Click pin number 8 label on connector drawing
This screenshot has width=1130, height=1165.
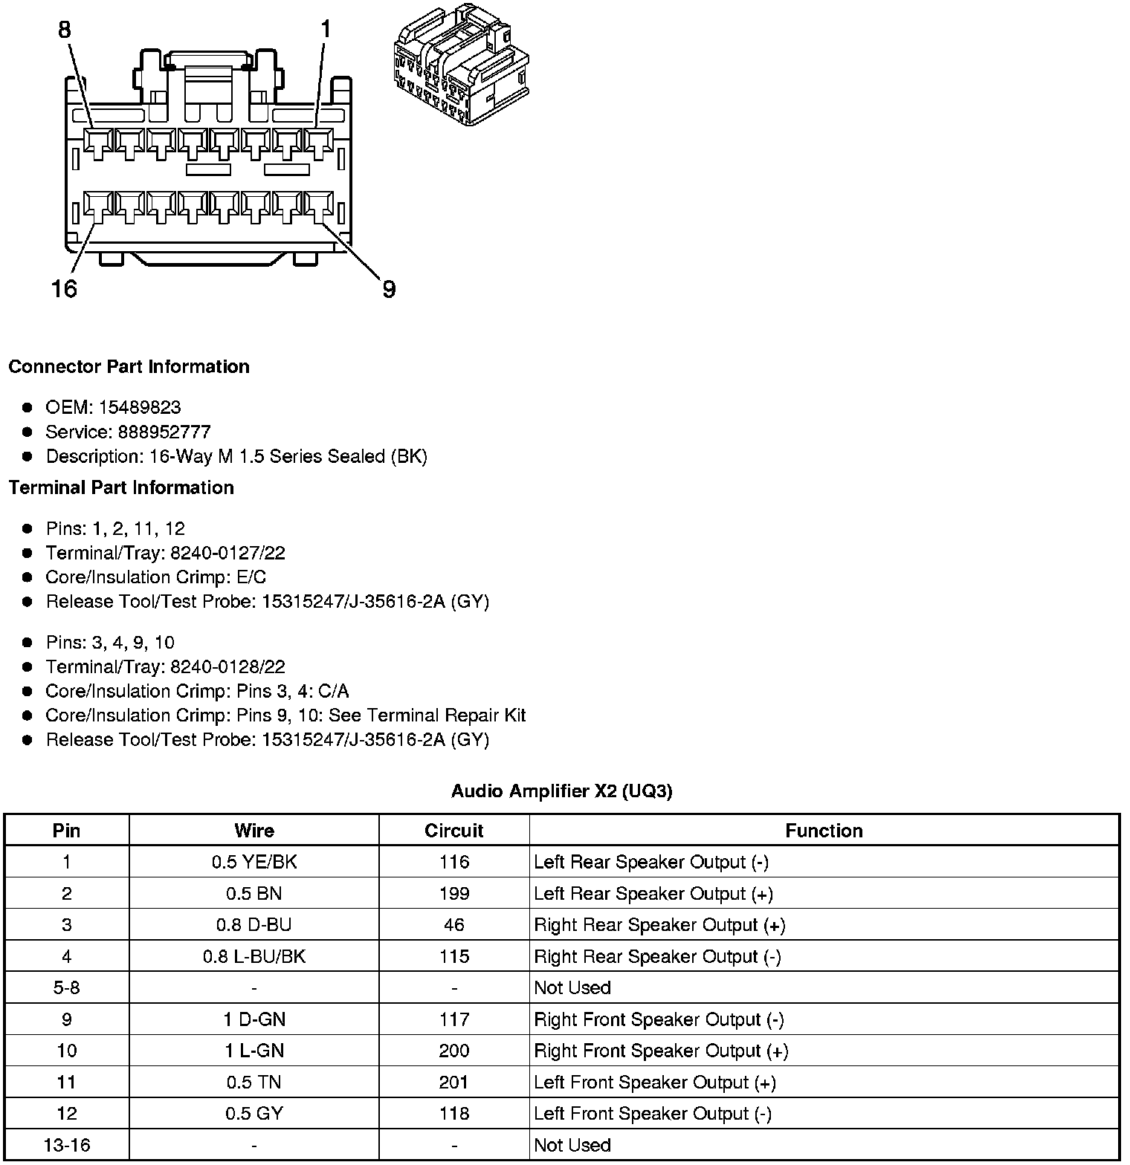pyautogui.click(x=65, y=30)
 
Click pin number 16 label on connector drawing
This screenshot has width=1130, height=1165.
pyautogui.click(x=64, y=288)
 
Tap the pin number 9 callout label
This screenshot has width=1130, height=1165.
pyautogui.click(x=389, y=289)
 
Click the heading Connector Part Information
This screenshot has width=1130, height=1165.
pyautogui.click(x=129, y=367)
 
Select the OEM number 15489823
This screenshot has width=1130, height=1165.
pyautogui.click(x=140, y=407)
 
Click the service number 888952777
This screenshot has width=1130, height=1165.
pyautogui.click(x=164, y=432)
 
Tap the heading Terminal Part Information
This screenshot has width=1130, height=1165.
pyautogui.click(x=121, y=488)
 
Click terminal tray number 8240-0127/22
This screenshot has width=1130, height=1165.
pyautogui.click(x=227, y=553)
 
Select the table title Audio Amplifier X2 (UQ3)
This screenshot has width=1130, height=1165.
pyautogui.click(x=561, y=791)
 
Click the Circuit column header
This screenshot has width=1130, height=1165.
pyautogui.click(x=453, y=831)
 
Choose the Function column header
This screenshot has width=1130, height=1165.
pyautogui.click(x=824, y=831)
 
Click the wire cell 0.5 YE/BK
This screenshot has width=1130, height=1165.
pyautogui.click(x=254, y=862)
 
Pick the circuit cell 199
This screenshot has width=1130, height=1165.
pyautogui.click(x=453, y=893)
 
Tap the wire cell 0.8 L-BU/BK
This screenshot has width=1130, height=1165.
pyautogui.click(x=254, y=956)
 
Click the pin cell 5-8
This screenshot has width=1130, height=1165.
pyautogui.click(x=67, y=987)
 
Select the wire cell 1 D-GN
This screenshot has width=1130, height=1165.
pyautogui.click(x=254, y=1019)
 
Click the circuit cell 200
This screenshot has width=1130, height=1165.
pyautogui.click(x=453, y=1051)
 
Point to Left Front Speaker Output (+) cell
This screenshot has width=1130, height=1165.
pyautogui.click(x=654, y=1083)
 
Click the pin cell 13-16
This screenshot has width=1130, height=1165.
pyautogui.click(x=67, y=1145)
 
